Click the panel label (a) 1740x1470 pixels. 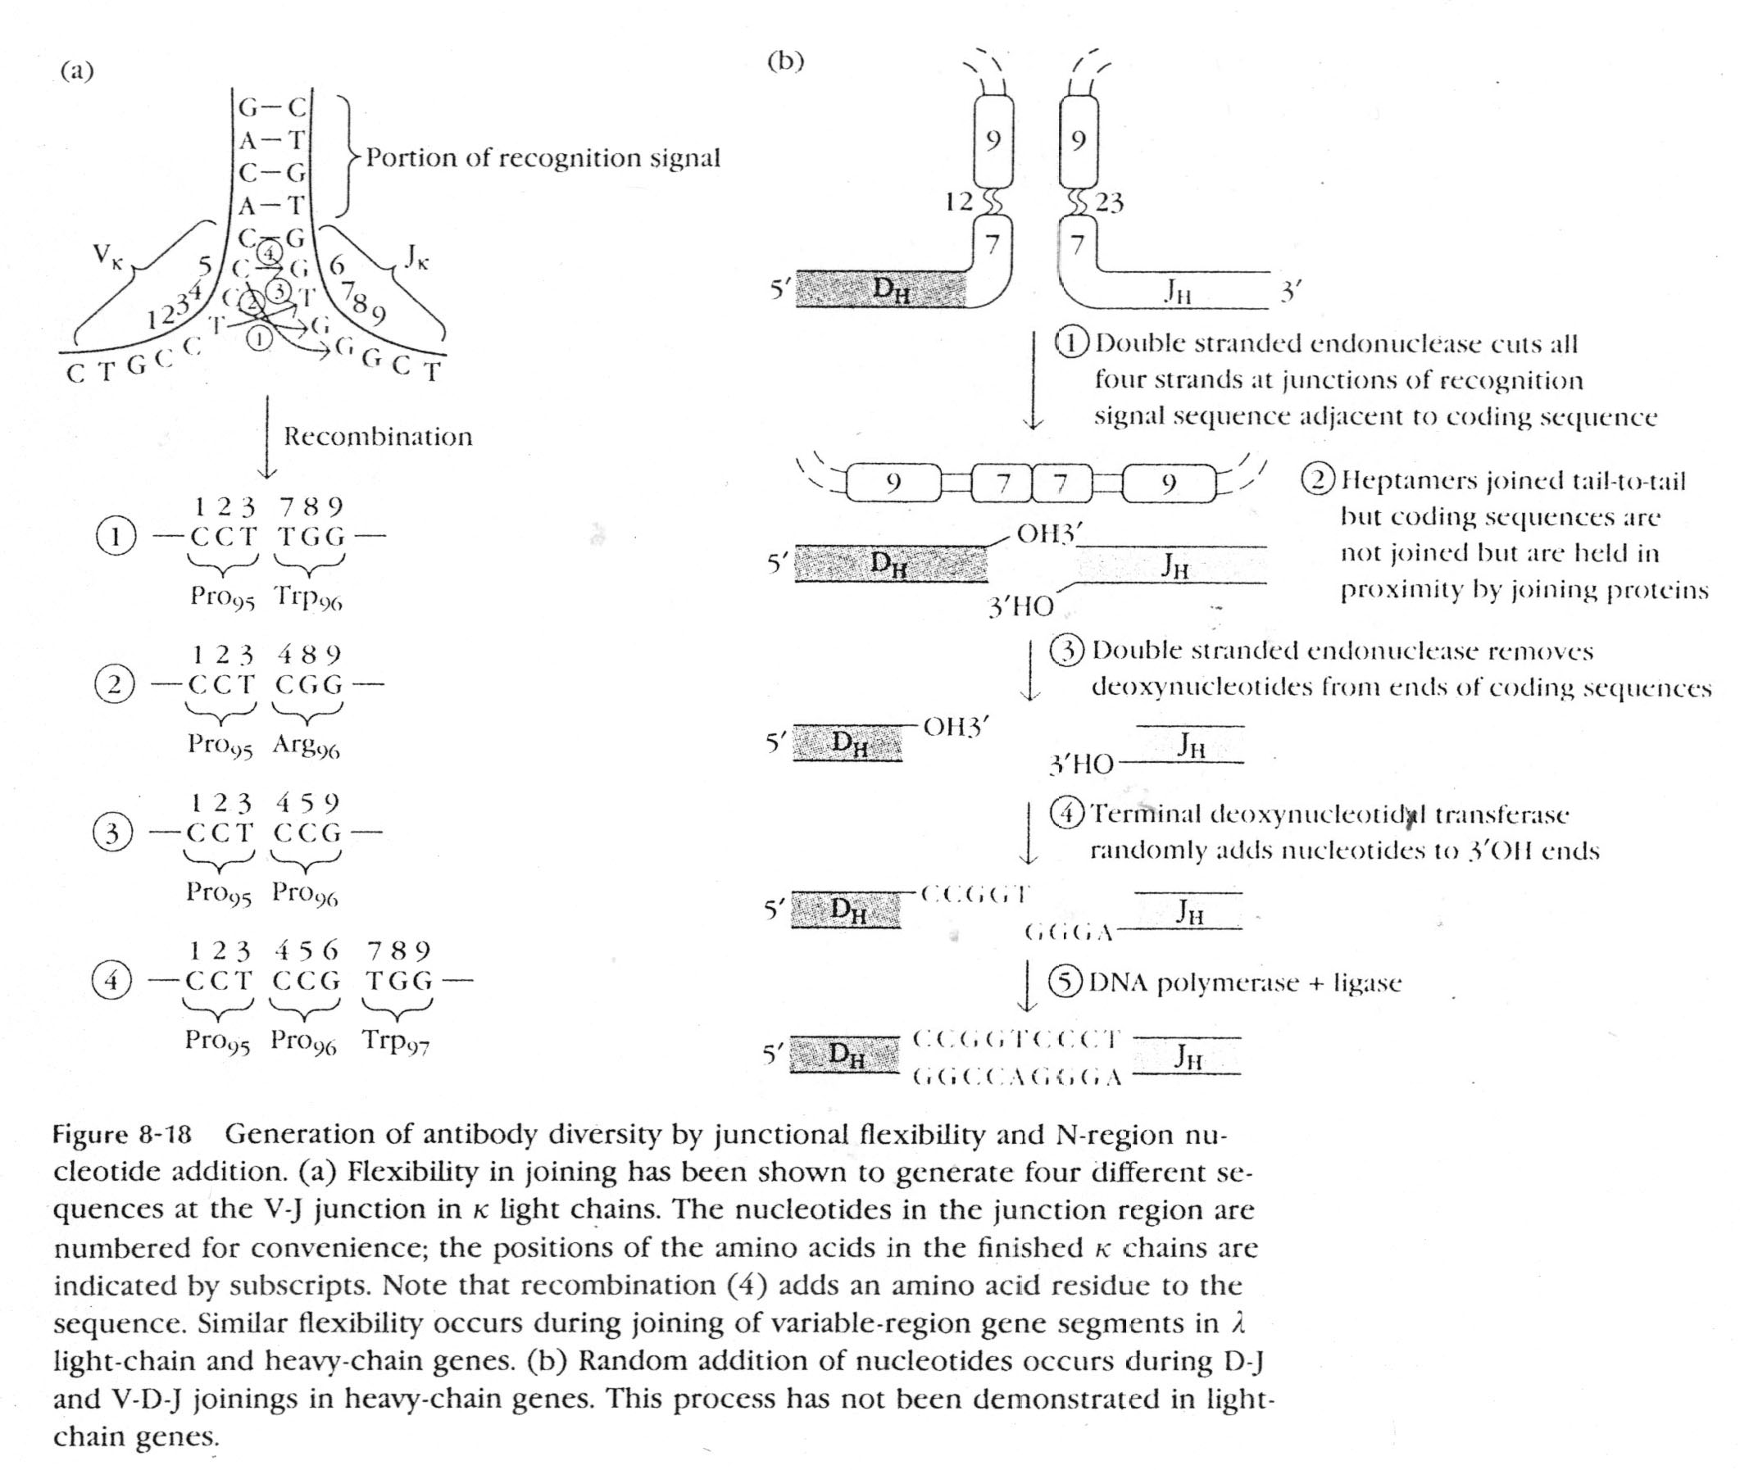77,71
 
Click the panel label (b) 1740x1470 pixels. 784,61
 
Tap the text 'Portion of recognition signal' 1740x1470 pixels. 543,158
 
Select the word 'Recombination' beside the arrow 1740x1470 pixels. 378,437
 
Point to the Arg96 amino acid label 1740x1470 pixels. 306,745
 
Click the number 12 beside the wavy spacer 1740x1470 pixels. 958,202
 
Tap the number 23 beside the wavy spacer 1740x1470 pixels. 1109,202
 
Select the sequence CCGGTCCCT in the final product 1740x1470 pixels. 1016,1039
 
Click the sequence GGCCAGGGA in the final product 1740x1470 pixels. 1016,1078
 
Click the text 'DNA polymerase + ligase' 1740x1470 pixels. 1245,983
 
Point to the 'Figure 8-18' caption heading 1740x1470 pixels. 122,1135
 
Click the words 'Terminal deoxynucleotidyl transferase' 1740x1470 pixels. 1329,814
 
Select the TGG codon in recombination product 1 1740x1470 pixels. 311,537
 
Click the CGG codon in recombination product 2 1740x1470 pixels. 308,685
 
